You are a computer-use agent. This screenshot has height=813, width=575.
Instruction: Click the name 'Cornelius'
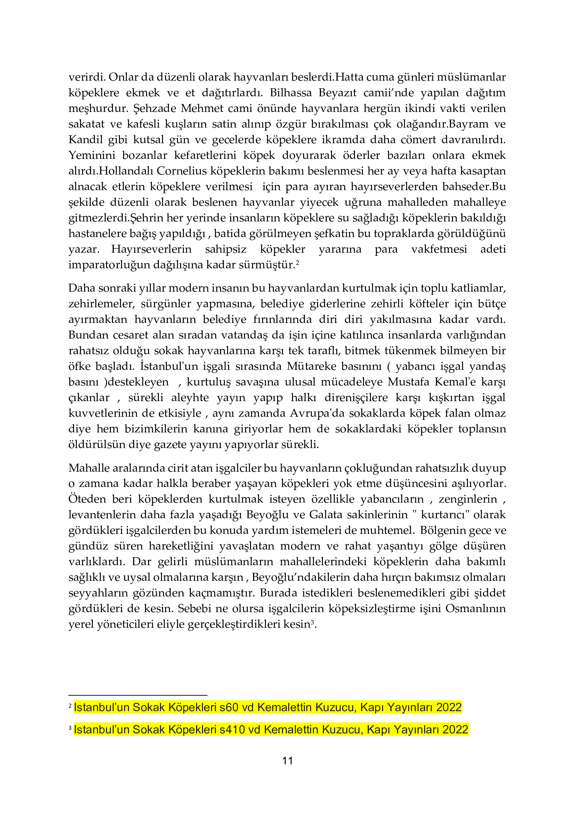point(181,171)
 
